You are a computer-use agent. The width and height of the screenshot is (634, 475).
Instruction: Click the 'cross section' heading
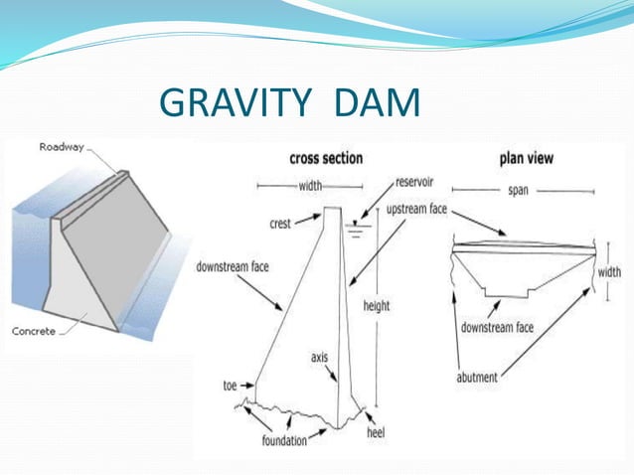pyautogui.click(x=326, y=158)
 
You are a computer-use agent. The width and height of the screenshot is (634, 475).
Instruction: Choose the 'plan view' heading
pyautogui.click(x=527, y=158)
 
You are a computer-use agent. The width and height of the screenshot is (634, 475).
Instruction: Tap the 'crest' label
pyautogui.click(x=279, y=224)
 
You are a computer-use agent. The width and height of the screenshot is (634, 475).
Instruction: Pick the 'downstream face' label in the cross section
pyautogui.click(x=233, y=266)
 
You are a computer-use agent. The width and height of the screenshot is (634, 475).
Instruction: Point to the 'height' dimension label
pyautogui.click(x=378, y=306)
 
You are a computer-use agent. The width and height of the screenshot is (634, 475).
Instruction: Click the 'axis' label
pyautogui.click(x=319, y=355)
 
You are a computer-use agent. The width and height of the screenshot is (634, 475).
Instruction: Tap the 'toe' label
pyautogui.click(x=231, y=385)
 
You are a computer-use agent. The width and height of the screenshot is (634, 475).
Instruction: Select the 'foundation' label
pyautogui.click(x=284, y=439)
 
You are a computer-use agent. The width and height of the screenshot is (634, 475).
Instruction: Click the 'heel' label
pyautogui.click(x=375, y=434)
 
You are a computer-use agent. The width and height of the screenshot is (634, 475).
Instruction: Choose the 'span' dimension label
pyautogui.click(x=518, y=190)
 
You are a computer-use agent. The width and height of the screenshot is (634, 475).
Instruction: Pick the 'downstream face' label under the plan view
pyautogui.click(x=497, y=327)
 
